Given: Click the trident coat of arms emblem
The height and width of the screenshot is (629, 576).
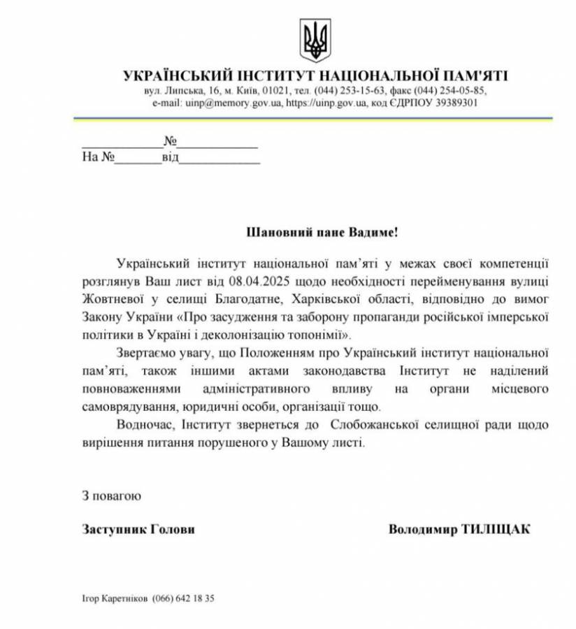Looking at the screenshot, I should (314, 41).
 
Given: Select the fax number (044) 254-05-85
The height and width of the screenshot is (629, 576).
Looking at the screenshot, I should (451, 91).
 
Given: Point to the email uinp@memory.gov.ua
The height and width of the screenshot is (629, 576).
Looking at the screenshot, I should (223, 102).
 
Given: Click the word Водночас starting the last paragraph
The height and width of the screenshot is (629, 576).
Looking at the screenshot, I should (144, 424).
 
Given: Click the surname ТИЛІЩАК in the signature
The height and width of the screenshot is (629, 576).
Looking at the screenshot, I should (496, 529).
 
